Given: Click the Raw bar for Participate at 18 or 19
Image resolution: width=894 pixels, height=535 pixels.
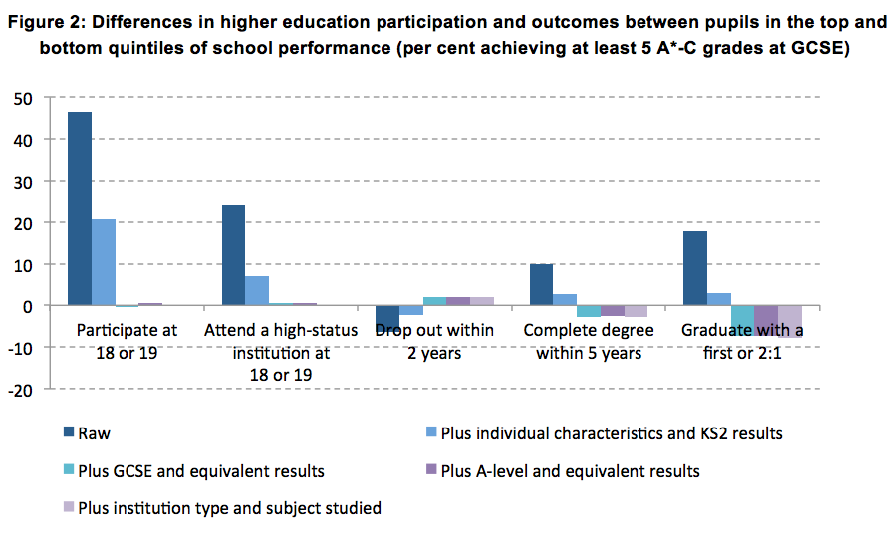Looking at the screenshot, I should coord(80,209).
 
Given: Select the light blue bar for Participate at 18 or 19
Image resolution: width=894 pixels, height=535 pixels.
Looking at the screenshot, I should coord(104,262).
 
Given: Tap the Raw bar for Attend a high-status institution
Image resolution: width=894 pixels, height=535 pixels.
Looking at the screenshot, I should coord(234,255).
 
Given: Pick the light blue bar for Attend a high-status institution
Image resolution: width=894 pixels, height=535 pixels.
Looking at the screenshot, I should coord(257,291).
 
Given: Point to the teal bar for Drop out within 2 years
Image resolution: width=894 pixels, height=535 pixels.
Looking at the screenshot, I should coord(435,301).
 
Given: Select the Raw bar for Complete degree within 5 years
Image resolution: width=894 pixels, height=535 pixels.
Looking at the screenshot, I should coord(541,285).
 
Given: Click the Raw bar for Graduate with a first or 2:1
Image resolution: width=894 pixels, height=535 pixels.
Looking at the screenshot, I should coord(695,268).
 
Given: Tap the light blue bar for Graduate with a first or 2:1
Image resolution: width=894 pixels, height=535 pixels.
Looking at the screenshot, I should coord(719,299).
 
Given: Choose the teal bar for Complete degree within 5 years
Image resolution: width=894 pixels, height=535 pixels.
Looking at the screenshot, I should coord(589,311).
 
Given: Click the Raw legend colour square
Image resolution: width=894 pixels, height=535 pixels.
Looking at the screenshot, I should coord(69,432).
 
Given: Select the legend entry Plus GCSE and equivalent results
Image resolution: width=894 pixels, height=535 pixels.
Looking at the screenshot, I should coord(201,471).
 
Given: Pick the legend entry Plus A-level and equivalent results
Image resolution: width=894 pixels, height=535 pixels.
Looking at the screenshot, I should coord(570,471).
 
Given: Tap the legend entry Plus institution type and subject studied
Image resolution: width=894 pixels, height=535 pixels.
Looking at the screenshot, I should coord(229,508).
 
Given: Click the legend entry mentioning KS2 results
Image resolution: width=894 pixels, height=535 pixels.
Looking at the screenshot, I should coord(611,433).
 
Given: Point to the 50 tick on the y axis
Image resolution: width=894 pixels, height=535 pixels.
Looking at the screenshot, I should coord(23,99).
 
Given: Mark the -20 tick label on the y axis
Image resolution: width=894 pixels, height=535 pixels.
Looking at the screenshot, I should coord(20,391).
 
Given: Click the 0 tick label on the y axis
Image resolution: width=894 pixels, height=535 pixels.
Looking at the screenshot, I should coord(28,307).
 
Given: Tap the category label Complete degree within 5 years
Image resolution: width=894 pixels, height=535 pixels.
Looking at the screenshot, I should coord(589,341).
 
